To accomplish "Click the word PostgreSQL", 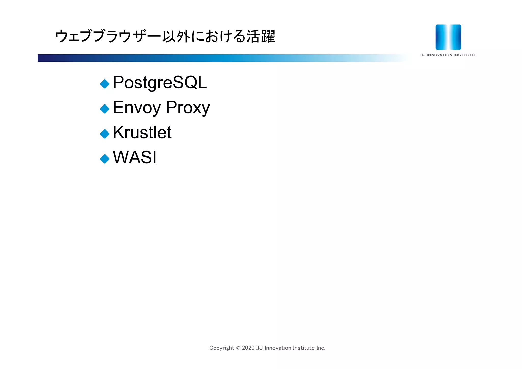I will coord(160,83).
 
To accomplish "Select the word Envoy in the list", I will coord(137,108).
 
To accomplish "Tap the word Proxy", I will coord(188,108).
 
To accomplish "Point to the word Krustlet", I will coord(142,133).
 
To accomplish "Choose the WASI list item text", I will coord(135,157).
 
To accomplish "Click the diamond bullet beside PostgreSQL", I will coord(105,84).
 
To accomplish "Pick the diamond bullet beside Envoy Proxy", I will coord(105,109).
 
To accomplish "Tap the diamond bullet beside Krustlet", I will coord(105,134).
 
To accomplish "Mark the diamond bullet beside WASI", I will coord(105,159).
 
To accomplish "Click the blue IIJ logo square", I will coord(448,37).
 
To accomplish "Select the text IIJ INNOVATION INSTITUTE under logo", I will coord(448,55).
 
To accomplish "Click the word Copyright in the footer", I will coord(221,348).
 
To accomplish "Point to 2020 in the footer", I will coord(248,348).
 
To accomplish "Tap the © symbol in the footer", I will coord(238,348).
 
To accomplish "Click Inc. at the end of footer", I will coord(321,348).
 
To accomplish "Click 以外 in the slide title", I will coord(176,36).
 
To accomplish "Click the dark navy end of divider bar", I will coord(43,58).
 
